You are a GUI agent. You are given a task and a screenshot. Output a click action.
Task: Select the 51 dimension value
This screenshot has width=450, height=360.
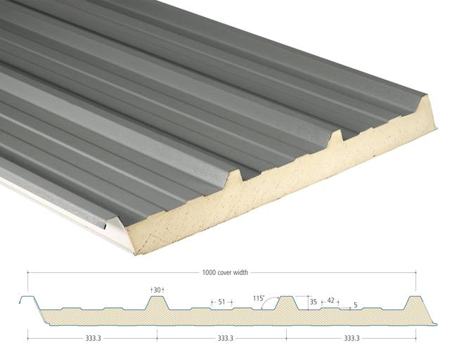click(221, 302)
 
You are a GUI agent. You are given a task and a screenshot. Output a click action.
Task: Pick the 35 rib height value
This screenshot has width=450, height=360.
click(314, 302)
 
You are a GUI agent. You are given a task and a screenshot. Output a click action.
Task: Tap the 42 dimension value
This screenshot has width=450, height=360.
click(331, 300)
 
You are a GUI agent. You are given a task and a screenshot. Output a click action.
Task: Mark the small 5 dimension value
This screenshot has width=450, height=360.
click(355, 305)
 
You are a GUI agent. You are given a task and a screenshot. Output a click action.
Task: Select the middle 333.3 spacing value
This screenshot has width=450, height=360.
click(226, 337)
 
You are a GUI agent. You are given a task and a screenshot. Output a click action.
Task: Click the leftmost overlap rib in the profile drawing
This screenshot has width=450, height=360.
click(27, 303)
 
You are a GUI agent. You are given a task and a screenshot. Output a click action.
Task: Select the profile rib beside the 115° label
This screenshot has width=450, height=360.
click(286, 303)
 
